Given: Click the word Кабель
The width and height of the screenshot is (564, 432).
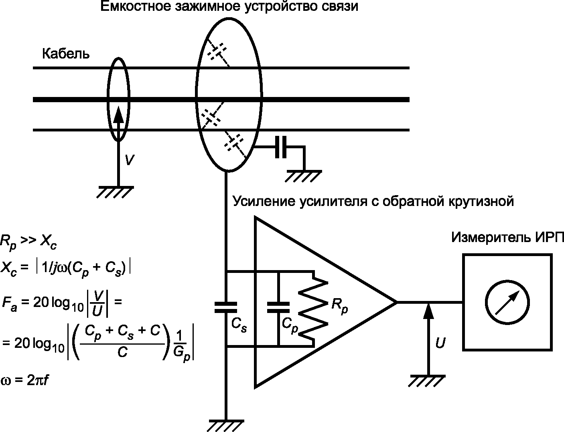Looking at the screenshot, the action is [x=66, y=54].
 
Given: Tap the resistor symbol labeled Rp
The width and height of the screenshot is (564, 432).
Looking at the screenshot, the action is [x=313, y=309].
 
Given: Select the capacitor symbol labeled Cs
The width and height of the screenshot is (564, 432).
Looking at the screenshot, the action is [x=225, y=307].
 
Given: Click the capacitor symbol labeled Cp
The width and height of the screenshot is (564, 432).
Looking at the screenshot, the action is [x=278, y=307].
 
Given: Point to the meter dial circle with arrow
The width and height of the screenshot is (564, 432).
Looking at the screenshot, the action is [x=507, y=302].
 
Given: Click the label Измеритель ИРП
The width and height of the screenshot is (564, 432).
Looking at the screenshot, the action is [x=507, y=237].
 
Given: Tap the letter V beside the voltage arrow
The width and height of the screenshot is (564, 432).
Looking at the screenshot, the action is [x=129, y=160].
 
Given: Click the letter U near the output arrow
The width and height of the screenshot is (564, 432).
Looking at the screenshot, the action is [x=440, y=343].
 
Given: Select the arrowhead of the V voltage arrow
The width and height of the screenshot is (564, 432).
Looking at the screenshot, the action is [x=119, y=114].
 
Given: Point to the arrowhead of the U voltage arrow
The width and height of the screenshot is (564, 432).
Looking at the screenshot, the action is [x=428, y=311].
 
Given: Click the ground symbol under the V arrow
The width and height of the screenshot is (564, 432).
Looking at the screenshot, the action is [x=115, y=192].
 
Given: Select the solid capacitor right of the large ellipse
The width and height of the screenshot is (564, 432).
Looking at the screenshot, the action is [x=281, y=147].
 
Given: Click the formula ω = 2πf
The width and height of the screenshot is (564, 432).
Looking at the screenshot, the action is [x=24, y=381].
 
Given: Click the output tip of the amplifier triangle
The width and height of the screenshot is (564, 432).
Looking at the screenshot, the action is [x=397, y=302].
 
